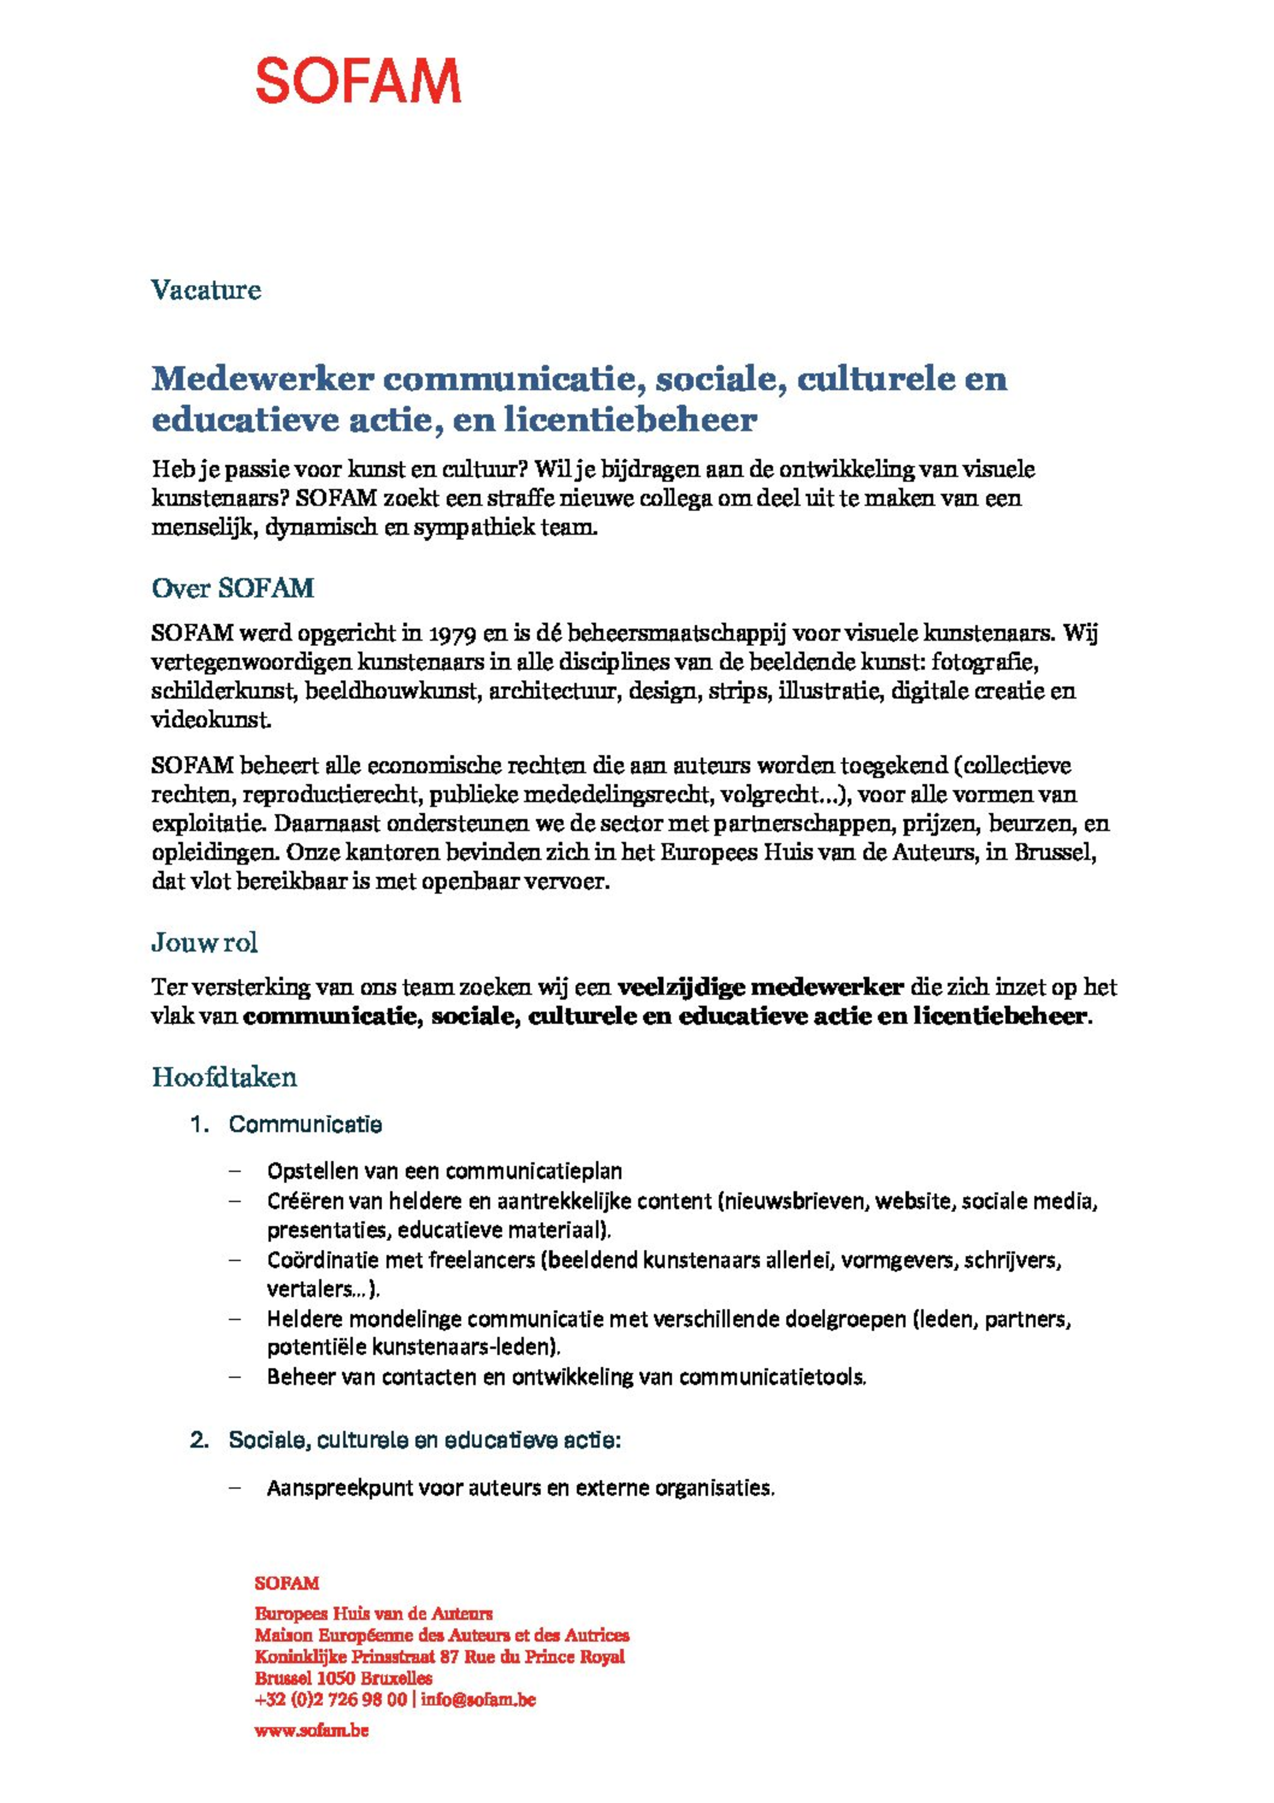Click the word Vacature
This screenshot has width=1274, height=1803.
(206, 290)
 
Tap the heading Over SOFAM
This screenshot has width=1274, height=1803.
(232, 588)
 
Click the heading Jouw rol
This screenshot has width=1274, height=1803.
(204, 942)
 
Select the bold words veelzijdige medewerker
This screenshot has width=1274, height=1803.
(760, 987)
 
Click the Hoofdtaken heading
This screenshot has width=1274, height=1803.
(224, 1077)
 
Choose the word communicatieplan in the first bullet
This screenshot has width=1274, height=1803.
(533, 1171)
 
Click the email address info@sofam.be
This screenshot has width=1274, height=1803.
(478, 1699)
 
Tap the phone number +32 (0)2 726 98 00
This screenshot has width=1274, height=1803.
(330, 1699)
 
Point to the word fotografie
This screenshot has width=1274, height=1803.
(985, 662)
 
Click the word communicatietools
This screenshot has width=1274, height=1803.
(771, 1377)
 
